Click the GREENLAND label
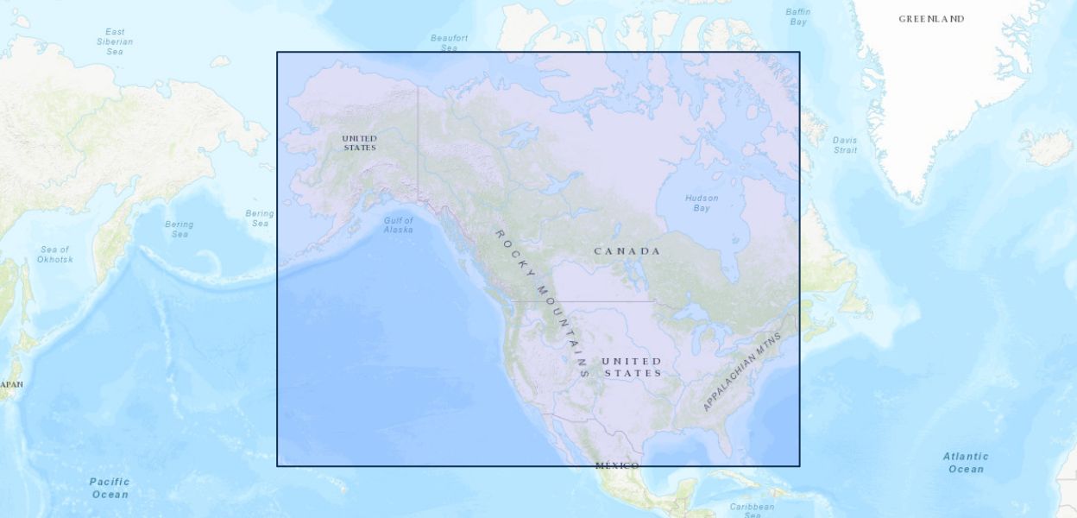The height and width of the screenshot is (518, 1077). click(931, 19)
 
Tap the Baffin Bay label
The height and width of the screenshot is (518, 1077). click(798, 16)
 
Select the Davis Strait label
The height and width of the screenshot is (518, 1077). click(845, 145)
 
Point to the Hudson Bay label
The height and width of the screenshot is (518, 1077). click(702, 203)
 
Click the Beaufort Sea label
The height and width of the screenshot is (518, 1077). click(449, 42)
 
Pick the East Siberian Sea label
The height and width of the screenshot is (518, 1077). click(115, 41)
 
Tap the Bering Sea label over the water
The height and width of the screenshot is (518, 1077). click(179, 229)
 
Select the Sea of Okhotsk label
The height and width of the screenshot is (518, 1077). click(55, 254)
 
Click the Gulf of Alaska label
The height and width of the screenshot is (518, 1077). click(398, 224)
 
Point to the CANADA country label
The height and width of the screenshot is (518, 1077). click(627, 251)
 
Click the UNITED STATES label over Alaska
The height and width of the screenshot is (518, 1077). click(359, 142)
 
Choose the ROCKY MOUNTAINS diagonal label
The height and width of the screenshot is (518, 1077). click(542, 303)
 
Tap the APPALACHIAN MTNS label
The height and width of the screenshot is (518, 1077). click(741, 371)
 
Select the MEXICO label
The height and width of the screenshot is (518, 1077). click(617, 466)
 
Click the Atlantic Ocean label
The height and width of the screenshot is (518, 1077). click(966, 463)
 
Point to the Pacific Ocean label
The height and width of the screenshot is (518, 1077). click(110, 488)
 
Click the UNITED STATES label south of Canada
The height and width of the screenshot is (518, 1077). click(632, 367)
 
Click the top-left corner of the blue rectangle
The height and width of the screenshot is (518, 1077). click(277, 52)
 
